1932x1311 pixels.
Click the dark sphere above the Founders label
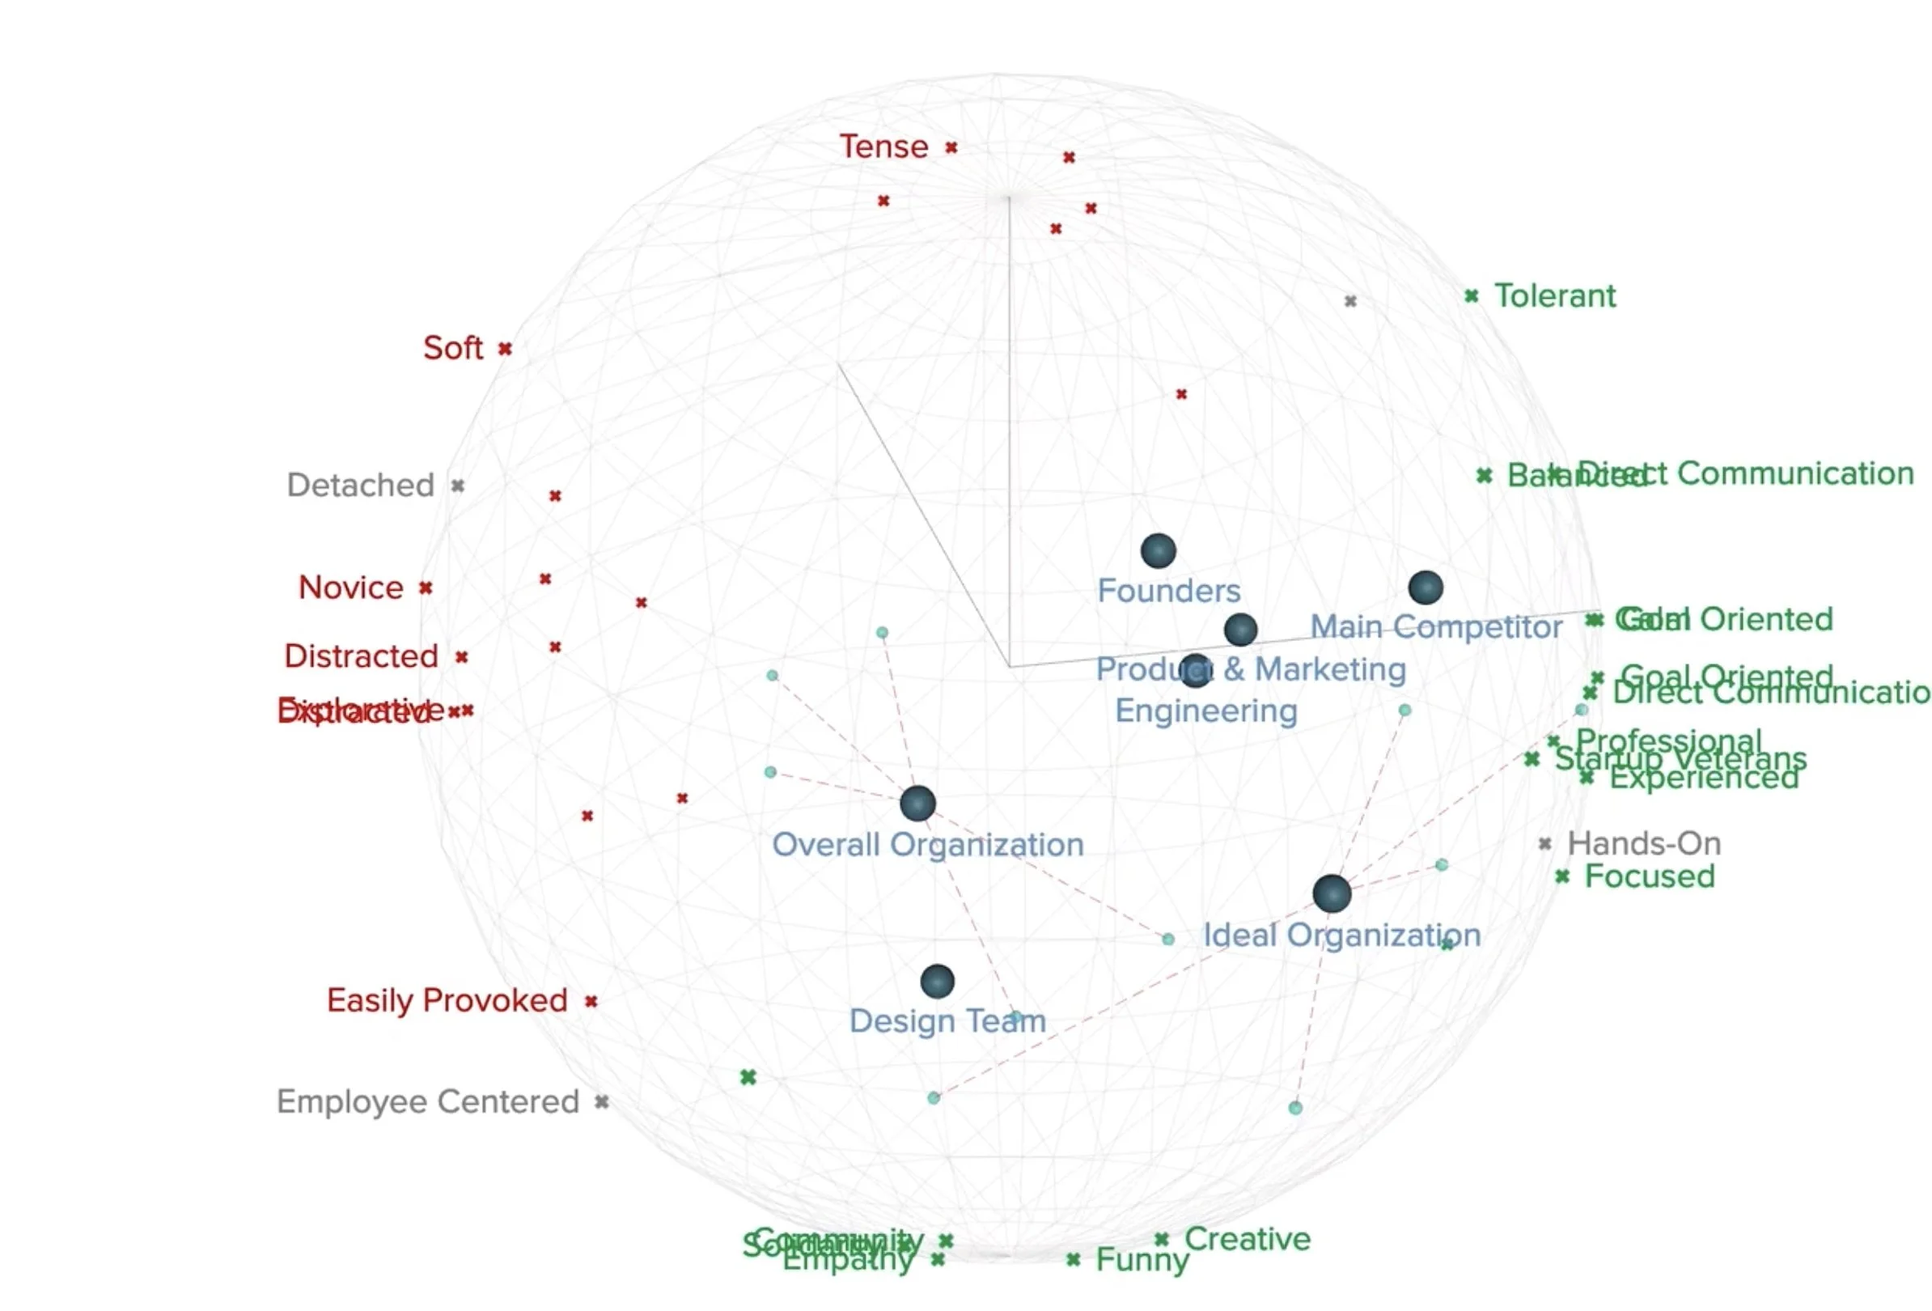(x=1157, y=550)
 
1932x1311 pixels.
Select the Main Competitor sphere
(x=1425, y=588)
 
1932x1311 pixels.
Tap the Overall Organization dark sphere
(x=917, y=803)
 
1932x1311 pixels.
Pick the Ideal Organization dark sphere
(x=1332, y=893)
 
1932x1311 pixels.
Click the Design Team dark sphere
(x=937, y=982)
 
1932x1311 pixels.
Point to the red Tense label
(x=883, y=147)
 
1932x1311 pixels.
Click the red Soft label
(x=452, y=348)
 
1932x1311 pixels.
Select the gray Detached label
(x=360, y=486)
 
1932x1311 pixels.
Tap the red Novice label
(x=351, y=588)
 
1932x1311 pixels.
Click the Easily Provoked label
(x=447, y=1001)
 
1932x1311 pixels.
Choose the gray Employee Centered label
(x=427, y=1102)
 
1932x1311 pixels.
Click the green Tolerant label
(x=1554, y=296)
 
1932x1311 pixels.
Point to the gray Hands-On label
(x=1643, y=844)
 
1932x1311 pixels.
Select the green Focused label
(x=1650, y=876)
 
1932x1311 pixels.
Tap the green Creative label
(x=1247, y=1240)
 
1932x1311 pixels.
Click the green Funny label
(x=1142, y=1260)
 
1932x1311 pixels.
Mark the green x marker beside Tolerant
(x=1471, y=296)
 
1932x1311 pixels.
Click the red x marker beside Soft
(x=505, y=348)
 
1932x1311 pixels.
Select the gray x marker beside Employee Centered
(x=601, y=1102)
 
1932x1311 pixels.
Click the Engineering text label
(x=1205, y=711)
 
